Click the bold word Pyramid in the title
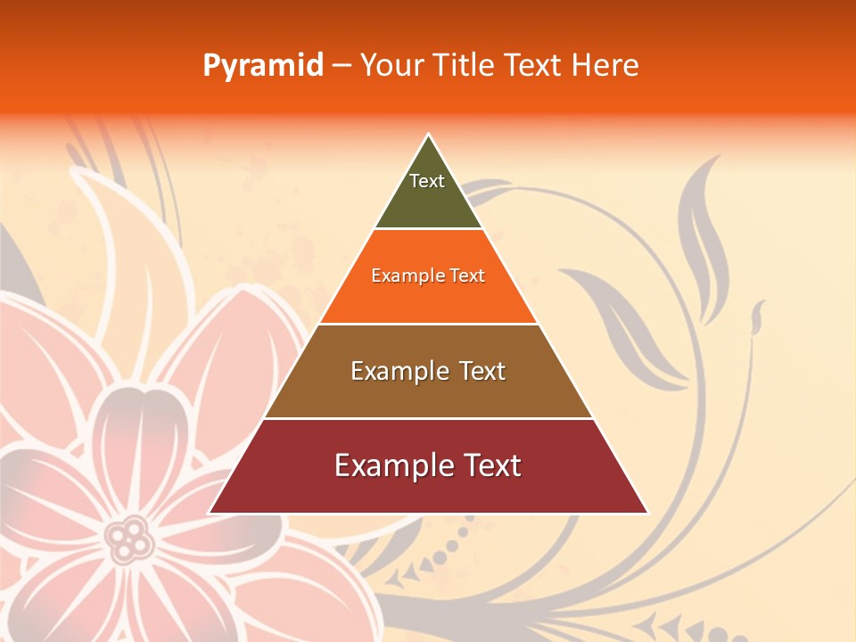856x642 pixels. [262, 66]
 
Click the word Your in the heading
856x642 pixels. [390, 66]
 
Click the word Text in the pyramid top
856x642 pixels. [426, 181]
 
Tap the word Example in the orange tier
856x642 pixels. [399, 276]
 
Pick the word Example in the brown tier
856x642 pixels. [397, 371]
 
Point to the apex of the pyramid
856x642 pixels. [429, 136]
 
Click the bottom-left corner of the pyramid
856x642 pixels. [210, 512]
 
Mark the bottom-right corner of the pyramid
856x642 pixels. [646, 512]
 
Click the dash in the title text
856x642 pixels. [342, 66]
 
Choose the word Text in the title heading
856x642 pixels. [534, 66]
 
